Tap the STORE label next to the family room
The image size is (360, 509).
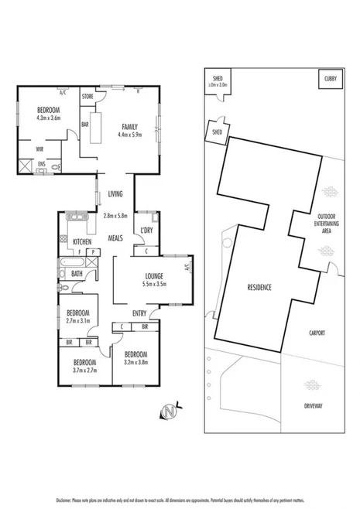coord(87,97)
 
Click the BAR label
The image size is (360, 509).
coord(84,123)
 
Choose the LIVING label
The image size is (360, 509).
coord(115,194)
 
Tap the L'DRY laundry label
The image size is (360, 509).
coord(146,231)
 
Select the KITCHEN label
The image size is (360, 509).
coord(83,242)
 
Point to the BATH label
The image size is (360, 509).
coord(77,273)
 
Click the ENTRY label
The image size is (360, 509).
coord(139,313)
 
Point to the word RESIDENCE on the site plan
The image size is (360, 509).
coord(259,287)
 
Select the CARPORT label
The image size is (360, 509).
coord(315,333)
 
